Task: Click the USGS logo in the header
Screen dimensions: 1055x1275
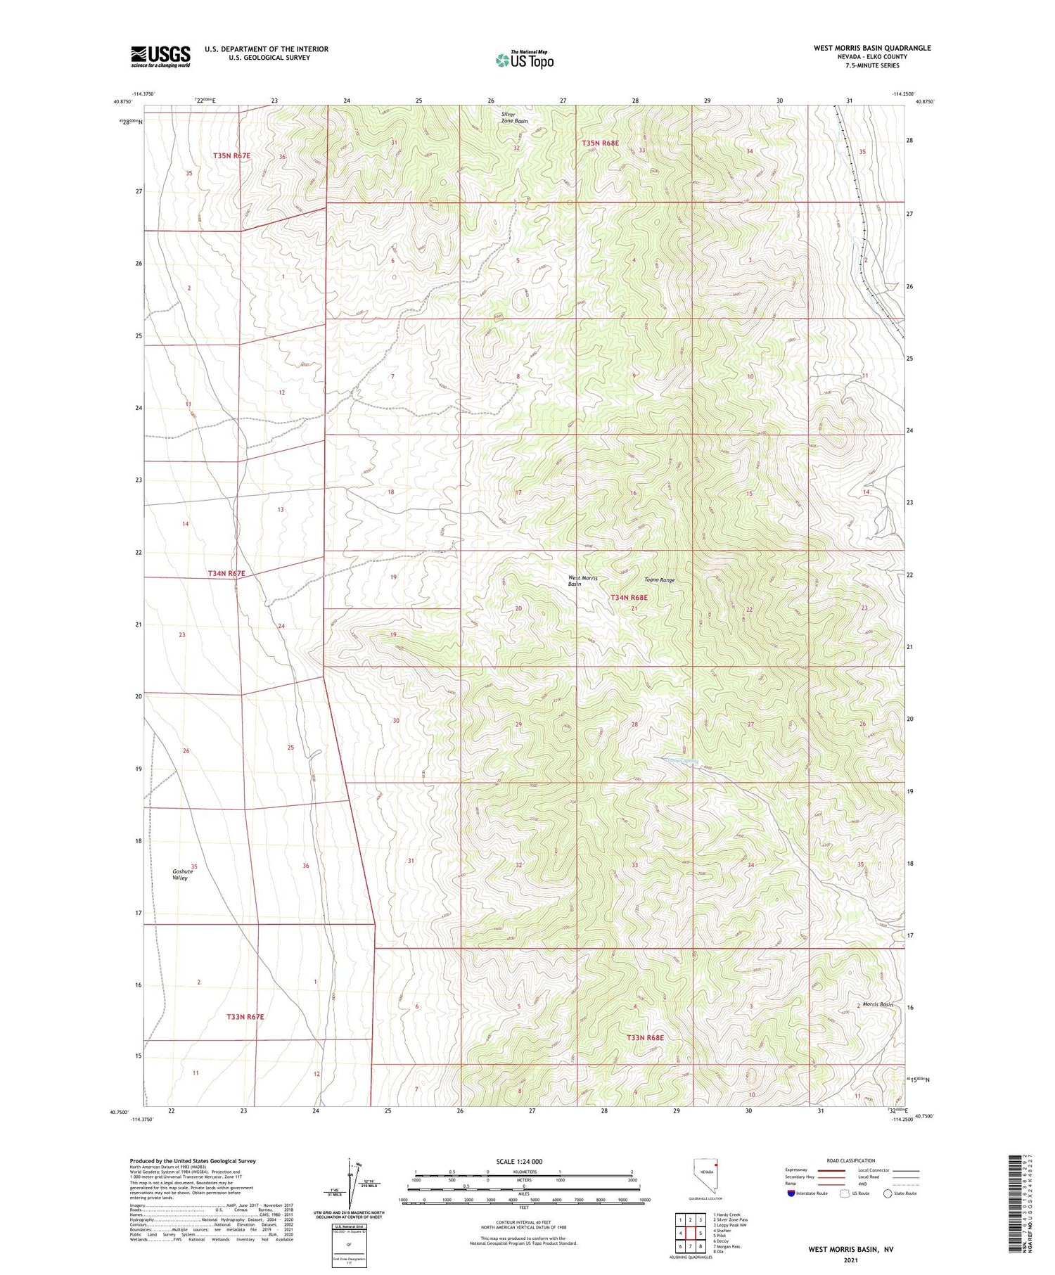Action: tap(160, 56)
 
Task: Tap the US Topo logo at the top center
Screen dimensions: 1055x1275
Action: tap(525, 60)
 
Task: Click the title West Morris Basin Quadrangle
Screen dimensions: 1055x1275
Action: tap(871, 48)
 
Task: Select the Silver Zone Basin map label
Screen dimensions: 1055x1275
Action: tap(513, 117)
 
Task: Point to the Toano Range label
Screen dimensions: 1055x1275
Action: tap(660, 580)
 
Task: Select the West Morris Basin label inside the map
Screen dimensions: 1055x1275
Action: tap(583, 581)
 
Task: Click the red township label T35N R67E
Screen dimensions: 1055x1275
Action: tap(232, 155)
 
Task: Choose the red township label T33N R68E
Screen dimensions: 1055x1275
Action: tap(645, 1037)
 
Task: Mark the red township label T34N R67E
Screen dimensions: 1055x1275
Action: tap(226, 574)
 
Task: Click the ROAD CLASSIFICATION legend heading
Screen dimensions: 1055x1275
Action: tap(851, 1160)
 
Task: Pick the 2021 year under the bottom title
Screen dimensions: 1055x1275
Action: tap(850, 1260)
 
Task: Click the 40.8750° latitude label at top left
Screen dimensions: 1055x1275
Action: tap(122, 101)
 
